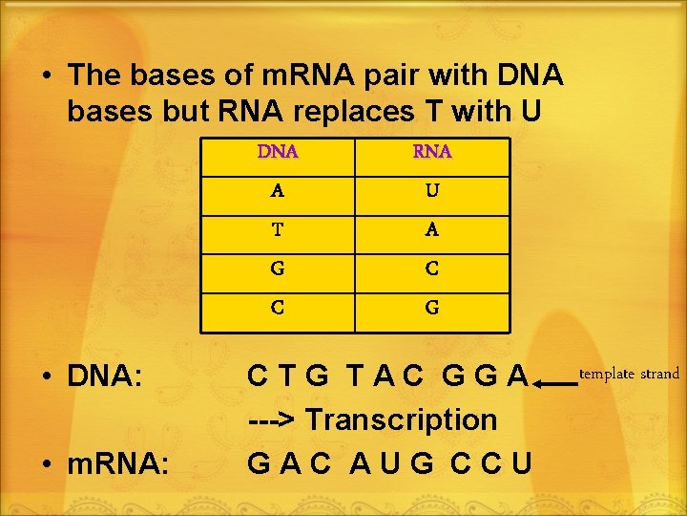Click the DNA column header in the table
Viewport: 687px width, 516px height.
pos(278,152)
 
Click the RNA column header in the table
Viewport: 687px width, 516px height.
pos(432,152)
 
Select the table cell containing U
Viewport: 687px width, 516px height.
pos(432,190)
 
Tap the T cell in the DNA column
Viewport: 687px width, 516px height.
pos(278,229)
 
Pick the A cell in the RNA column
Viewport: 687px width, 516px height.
pos(432,229)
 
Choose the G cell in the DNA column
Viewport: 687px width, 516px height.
pos(278,269)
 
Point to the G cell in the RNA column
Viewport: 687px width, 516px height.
pos(432,308)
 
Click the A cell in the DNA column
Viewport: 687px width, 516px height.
pos(278,190)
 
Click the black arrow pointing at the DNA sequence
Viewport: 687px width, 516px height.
pos(556,382)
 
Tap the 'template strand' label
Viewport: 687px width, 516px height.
pos(631,374)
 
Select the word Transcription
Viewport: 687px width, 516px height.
pos(402,419)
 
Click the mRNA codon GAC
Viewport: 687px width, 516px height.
pos(289,463)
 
